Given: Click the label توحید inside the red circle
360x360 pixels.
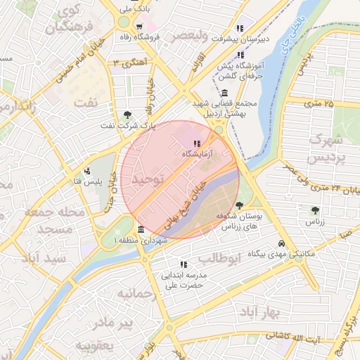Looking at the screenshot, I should [x=148, y=180].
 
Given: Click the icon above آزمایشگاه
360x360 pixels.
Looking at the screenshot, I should [x=195, y=143].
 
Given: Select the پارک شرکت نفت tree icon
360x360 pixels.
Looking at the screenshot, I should [x=127, y=115].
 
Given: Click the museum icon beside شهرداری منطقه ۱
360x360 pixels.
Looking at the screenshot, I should [x=141, y=230].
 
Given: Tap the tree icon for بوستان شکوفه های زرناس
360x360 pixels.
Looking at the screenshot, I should [x=239, y=205].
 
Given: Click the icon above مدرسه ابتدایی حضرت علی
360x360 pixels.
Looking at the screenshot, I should [x=184, y=265].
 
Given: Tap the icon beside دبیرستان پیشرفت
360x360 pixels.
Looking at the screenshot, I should [x=240, y=29].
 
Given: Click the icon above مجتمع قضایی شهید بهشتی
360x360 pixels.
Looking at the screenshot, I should [x=224, y=93].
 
